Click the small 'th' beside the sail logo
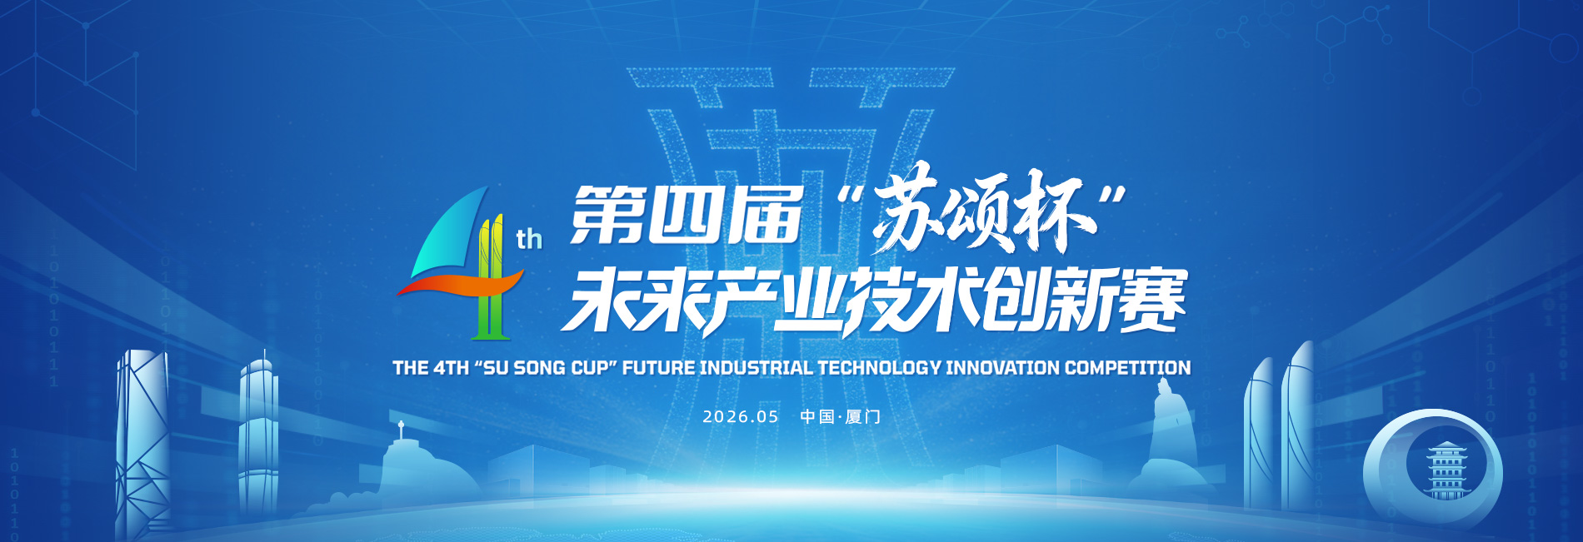pos(529,240)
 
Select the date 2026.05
pos(740,416)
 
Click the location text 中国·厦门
pos(840,416)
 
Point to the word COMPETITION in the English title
pos(1127,367)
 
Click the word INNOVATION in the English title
pos(1003,367)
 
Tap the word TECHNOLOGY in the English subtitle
pos(879,367)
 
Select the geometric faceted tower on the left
pos(142,441)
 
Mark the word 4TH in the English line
pos(451,367)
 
